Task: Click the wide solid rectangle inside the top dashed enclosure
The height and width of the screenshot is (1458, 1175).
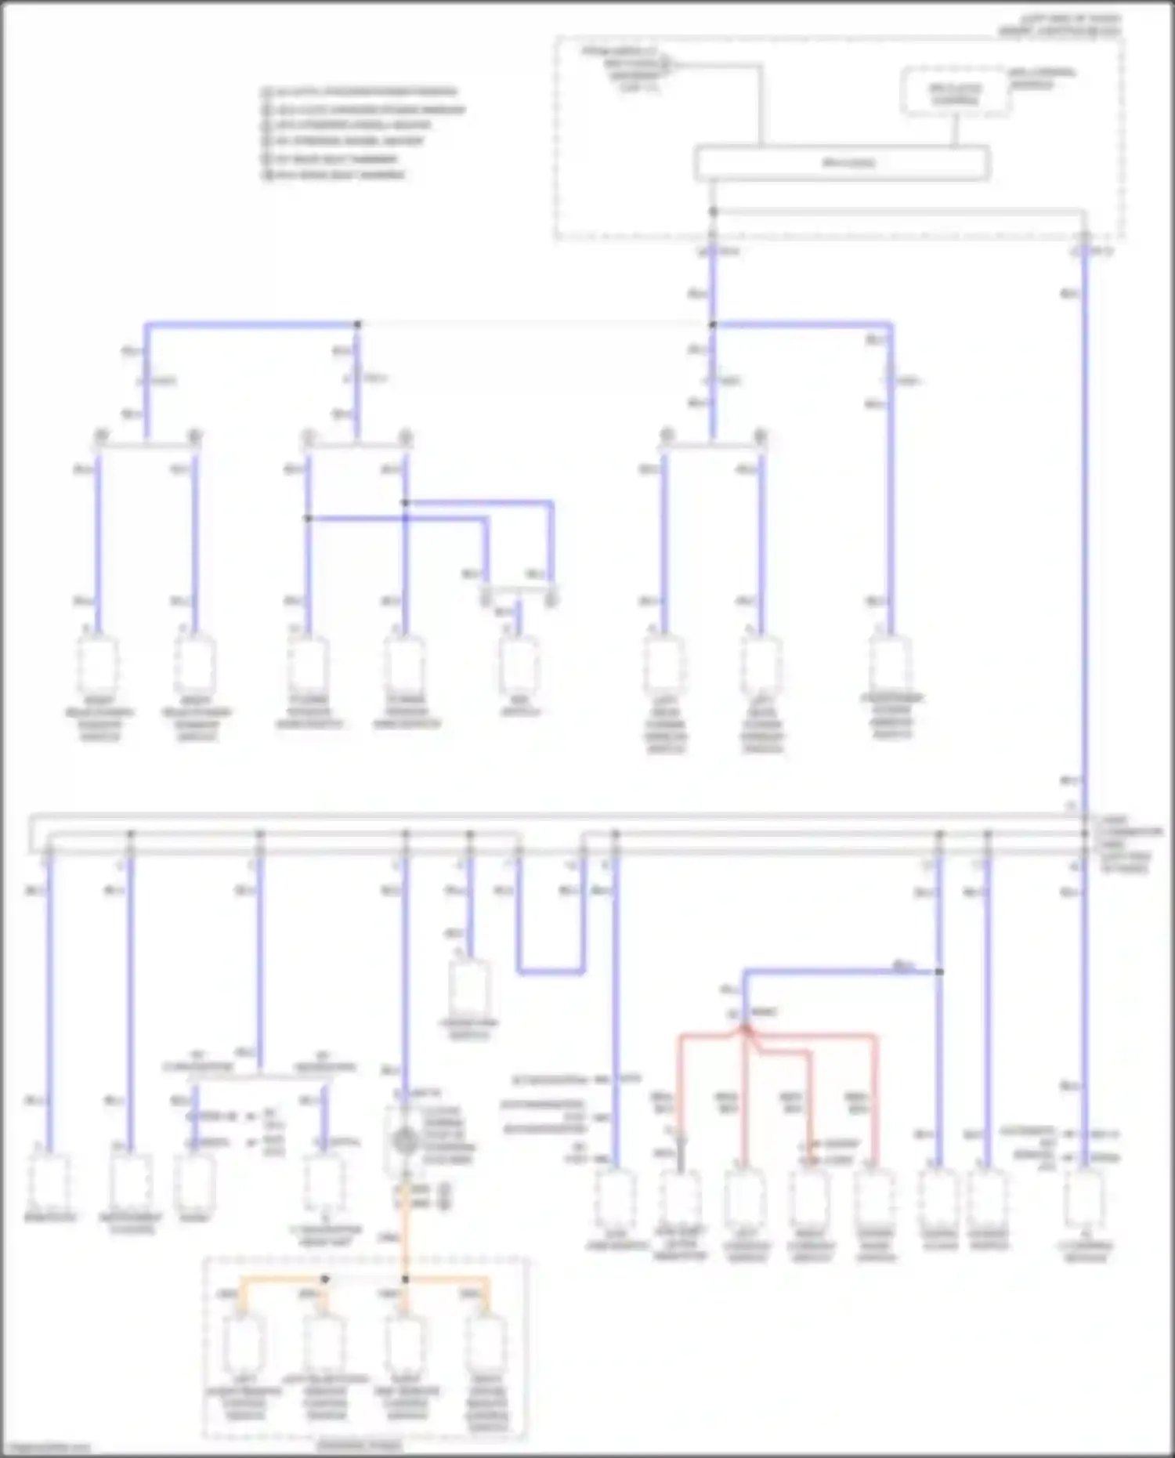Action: [x=842, y=163]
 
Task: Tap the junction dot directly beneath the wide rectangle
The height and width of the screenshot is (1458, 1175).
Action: [x=713, y=212]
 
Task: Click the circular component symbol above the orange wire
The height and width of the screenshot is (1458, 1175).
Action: [x=405, y=1141]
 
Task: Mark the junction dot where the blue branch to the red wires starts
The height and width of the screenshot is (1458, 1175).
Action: [x=939, y=971]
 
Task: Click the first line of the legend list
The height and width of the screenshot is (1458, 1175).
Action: [x=360, y=92]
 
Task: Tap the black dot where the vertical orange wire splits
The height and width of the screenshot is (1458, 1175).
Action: [x=405, y=1279]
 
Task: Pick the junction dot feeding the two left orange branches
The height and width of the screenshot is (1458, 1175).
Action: [x=325, y=1279]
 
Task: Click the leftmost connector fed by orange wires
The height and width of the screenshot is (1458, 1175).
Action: [x=244, y=1342]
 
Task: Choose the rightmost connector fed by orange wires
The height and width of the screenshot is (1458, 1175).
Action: [x=486, y=1342]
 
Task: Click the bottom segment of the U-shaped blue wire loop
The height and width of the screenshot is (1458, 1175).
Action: [x=551, y=972]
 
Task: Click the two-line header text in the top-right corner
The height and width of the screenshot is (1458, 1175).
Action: [x=1058, y=25]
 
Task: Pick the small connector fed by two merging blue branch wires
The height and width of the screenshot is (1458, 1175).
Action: [x=518, y=662]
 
